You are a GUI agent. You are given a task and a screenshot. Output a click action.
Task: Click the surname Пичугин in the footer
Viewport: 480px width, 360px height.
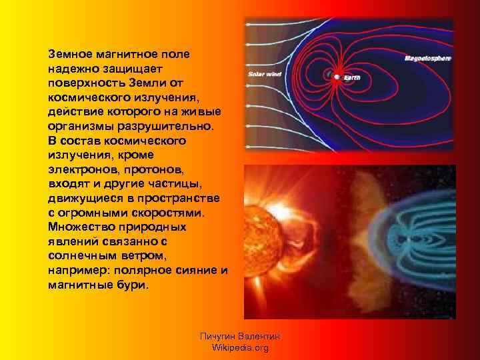(219, 337)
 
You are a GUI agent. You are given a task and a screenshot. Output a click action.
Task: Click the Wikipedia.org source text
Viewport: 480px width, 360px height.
(239, 348)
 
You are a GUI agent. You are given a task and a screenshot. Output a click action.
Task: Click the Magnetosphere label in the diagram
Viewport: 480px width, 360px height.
(428, 59)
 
